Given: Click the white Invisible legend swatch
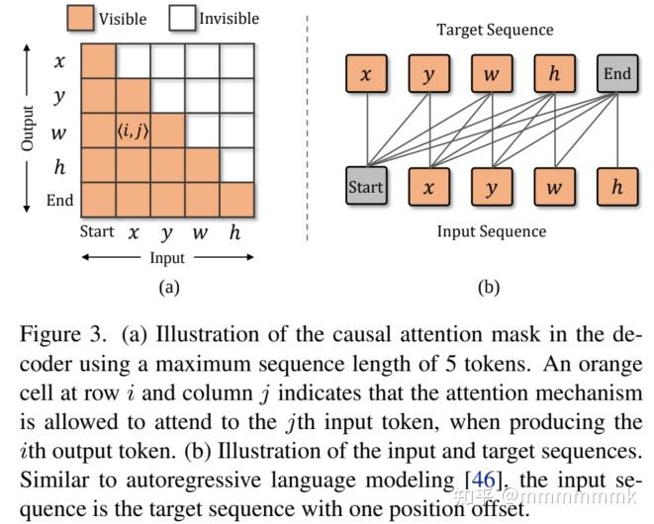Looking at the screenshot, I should [181, 17].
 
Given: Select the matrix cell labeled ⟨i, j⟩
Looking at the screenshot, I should [133, 131].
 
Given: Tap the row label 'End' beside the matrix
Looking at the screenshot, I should [60, 200].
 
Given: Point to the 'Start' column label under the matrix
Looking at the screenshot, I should [97, 232].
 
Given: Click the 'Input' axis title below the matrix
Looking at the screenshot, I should [165, 258].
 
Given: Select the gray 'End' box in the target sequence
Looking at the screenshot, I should [617, 74].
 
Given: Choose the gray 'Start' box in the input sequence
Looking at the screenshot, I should [365, 187].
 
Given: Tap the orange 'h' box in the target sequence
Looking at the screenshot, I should [554, 74].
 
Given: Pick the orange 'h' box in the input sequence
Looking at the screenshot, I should [617, 187].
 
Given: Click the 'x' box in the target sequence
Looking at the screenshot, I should [365, 74].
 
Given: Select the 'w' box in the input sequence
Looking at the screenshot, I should [554, 187].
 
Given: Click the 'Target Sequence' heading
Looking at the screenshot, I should [495, 30].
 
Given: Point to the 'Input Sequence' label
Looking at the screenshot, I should [492, 231].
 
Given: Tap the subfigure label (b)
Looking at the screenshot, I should [489, 288].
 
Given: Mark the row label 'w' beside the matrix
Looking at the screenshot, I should [60, 131].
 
